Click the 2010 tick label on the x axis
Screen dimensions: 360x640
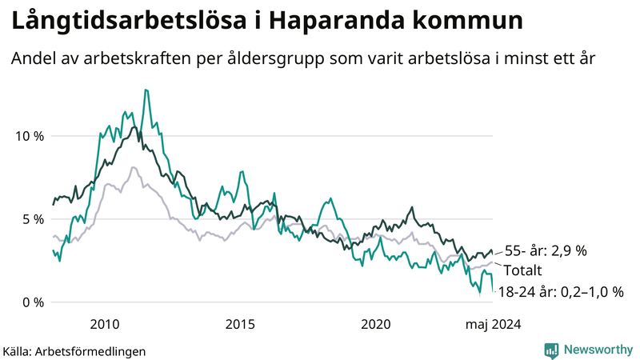(x=105, y=324)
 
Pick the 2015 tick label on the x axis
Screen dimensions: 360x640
(x=240, y=324)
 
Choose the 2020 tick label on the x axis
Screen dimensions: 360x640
(x=375, y=324)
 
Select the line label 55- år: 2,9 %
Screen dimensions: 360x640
(x=546, y=251)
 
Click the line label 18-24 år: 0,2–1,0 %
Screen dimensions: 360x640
(x=560, y=292)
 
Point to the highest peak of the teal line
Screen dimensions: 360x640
(x=145, y=90)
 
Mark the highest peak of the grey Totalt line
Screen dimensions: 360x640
(x=133, y=167)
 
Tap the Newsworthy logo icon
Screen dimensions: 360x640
(x=551, y=350)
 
